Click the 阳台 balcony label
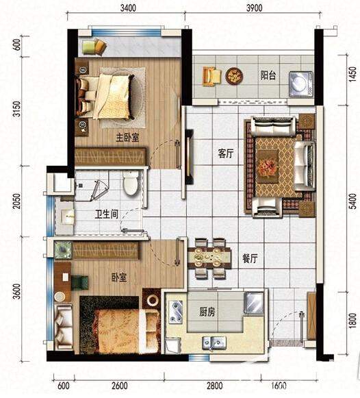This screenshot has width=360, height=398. pyautogui.click(x=268, y=75)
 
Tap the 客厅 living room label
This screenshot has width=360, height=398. pyautogui.click(x=225, y=153)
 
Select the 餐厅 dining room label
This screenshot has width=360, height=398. pyautogui.click(x=250, y=258)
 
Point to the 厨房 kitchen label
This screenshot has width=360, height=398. pyautogui.click(x=207, y=312)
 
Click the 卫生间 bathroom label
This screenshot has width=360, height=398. pyautogui.click(x=107, y=214)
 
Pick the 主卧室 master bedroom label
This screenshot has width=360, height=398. pyautogui.click(x=127, y=138)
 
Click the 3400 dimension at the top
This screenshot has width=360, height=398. pyautogui.click(x=128, y=8)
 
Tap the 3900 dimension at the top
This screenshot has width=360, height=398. pyautogui.click(x=255, y=8)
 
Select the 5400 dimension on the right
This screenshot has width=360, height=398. pyautogui.click(x=352, y=201)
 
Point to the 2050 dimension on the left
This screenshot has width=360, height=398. pyautogui.click(x=16, y=201)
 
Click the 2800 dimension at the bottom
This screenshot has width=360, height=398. pyautogui.click(x=214, y=386)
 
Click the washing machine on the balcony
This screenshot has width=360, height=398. pyautogui.click(x=301, y=84)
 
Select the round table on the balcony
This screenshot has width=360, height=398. pyautogui.click(x=234, y=75)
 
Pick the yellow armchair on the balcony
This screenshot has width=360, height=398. pyautogui.click(x=211, y=76)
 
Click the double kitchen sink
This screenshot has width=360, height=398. pyautogui.click(x=214, y=343)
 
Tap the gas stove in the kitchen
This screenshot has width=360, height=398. pyautogui.click(x=176, y=312)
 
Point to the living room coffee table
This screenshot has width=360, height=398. pyautogui.click(x=268, y=166)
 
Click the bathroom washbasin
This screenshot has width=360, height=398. pyautogui.click(x=67, y=217)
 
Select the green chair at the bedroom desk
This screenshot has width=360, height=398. pyautogui.click(x=79, y=283)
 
